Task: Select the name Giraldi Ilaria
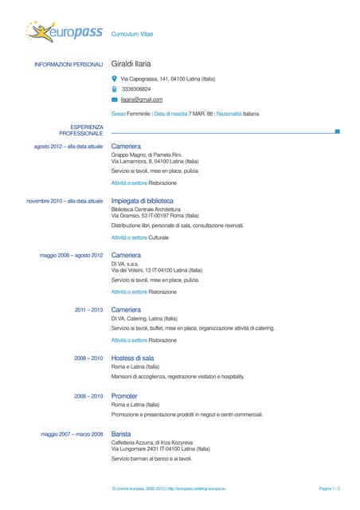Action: [x=131, y=64]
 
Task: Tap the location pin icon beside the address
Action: [x=115, y=79]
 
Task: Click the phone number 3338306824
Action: [x=135, y=89]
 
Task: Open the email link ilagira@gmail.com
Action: [x=142, y=100]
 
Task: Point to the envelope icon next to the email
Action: [x=115, y=100]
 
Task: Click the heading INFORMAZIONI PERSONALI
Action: [x=68, y=64]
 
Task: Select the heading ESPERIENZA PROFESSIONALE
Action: [x=81, y=130]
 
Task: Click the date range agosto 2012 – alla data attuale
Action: [x=68, y=147]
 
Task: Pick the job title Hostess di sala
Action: [x=132, y=359]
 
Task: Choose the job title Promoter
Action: [x=125, y=396]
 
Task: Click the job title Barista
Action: [x=122, y=433]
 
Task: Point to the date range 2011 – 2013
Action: [x=88, y=309]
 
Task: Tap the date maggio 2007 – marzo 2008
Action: [x=72, y=434]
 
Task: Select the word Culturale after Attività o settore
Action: [x=159, y=237]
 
